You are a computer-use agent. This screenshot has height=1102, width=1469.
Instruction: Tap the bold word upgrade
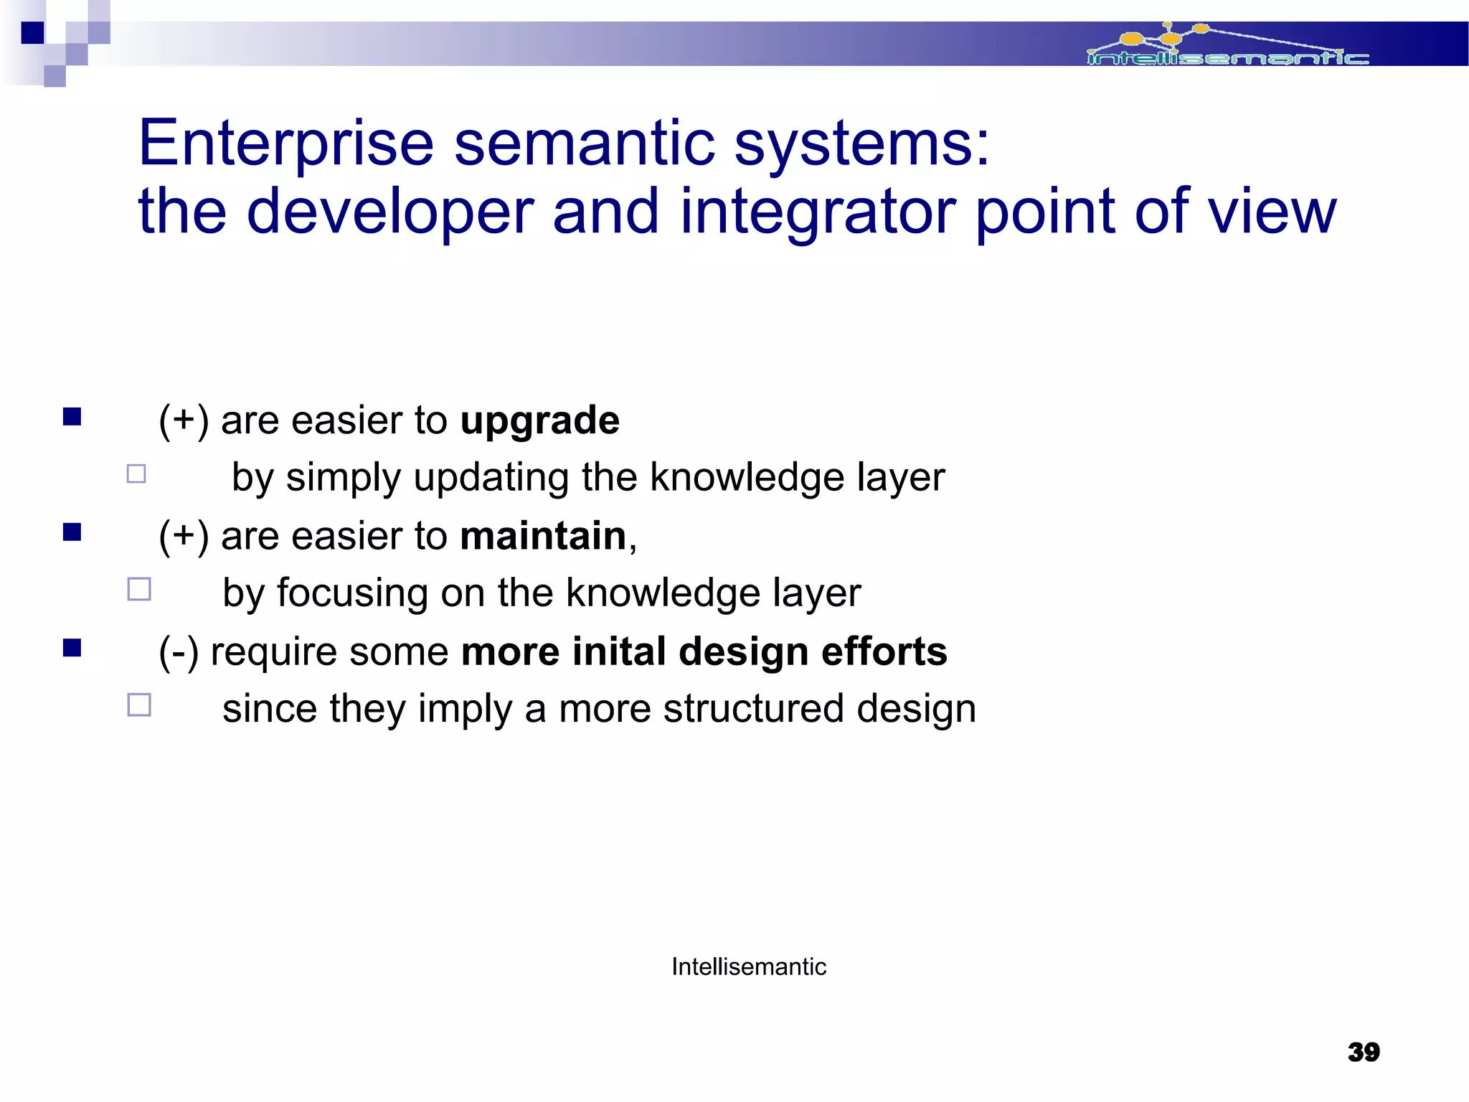[539, 420]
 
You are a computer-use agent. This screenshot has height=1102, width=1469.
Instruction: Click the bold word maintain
[543, 536]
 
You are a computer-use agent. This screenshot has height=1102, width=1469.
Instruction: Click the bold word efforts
[884, 651]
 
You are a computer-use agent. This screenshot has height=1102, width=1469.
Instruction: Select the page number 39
[1363, 1052]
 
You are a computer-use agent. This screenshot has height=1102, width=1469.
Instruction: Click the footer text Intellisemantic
[748, 966]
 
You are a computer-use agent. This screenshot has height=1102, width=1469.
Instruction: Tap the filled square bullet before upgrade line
[72, 417]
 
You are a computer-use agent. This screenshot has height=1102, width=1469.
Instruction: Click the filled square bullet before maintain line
[72, 532]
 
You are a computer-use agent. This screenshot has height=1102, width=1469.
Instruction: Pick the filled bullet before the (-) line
[72, 648]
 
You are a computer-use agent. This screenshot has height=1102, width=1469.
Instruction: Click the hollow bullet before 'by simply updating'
[136, 474]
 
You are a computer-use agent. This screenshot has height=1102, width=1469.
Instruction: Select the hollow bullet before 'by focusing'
[138, 589]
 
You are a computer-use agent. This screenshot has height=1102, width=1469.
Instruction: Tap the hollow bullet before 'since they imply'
[138, 705]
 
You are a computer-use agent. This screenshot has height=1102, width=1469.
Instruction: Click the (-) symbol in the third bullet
[178, 652]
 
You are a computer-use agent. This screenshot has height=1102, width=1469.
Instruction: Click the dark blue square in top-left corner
[32, 33]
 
